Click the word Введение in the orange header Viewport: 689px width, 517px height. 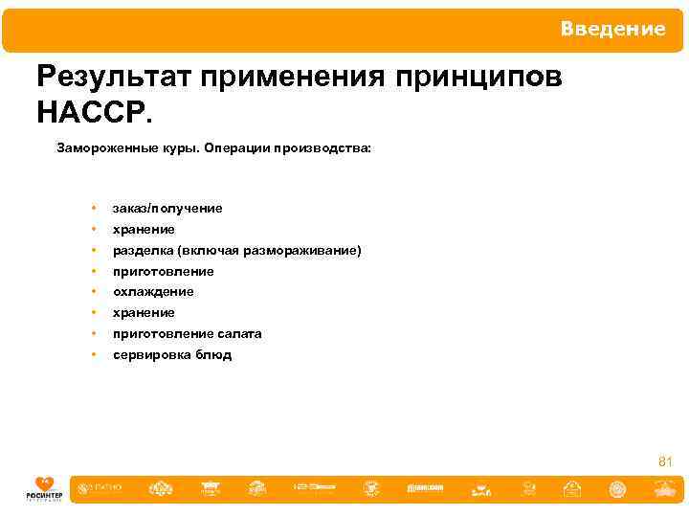(612, 30)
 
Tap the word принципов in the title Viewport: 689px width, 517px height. (484, 78)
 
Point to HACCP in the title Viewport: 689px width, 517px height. (93, 113)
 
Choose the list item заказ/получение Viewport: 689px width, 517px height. (167, 208)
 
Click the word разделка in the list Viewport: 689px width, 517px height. (140, 250)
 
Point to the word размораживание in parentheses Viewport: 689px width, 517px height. (306, 250)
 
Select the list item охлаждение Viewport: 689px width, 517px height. (153, 292)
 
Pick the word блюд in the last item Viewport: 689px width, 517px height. (211, 355)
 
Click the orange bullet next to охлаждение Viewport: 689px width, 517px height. (94, 292)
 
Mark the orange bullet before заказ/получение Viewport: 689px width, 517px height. (94, 208)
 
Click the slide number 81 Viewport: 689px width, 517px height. (665, 462)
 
